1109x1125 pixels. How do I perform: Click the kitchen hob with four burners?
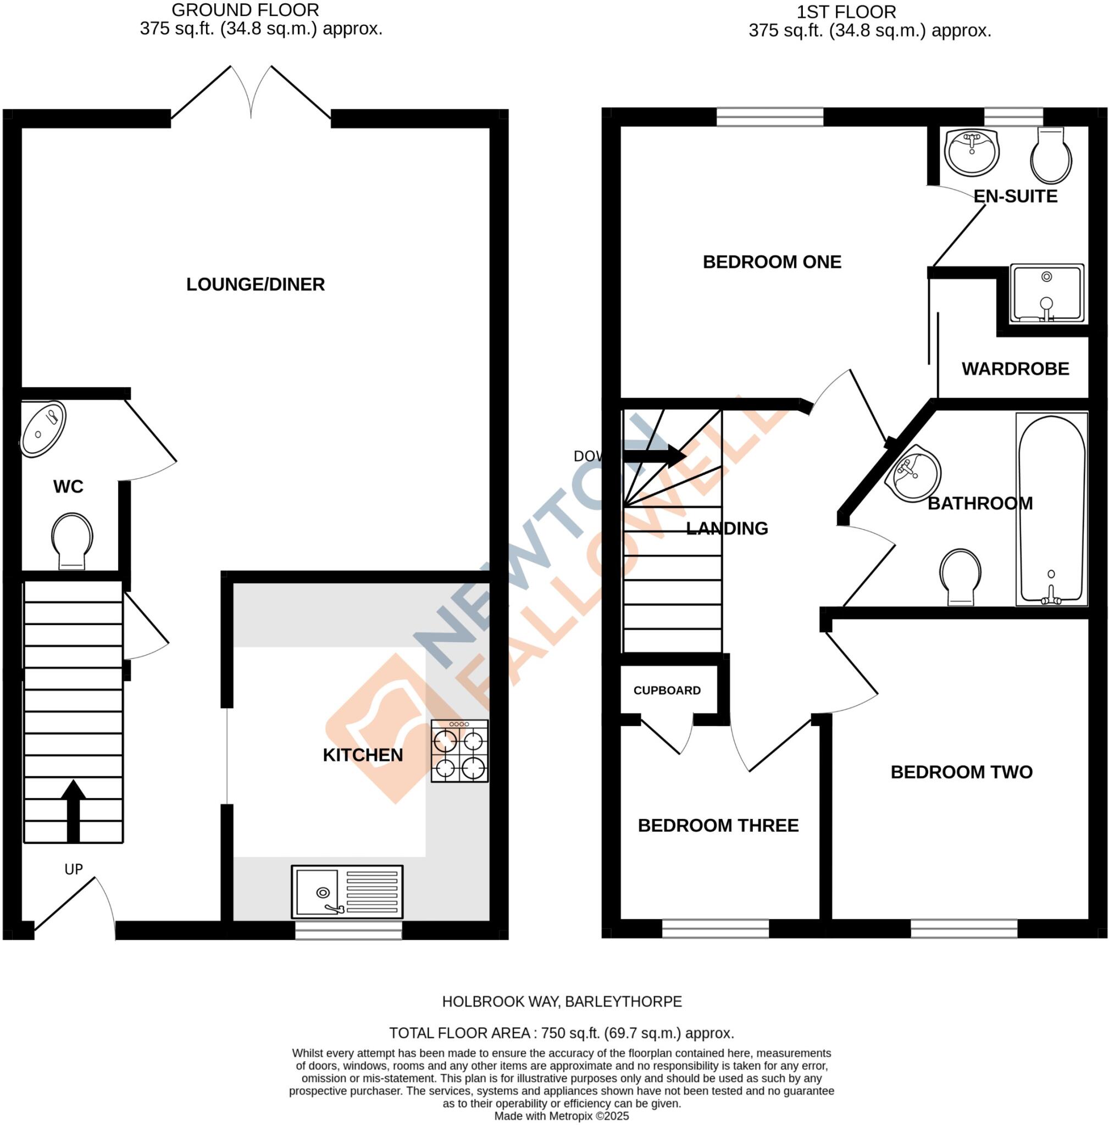459,751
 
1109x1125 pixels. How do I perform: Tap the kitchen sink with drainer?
347,891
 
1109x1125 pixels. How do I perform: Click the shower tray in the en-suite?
1047,293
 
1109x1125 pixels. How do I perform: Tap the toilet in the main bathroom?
960,576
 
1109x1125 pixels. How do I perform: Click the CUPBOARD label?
667,690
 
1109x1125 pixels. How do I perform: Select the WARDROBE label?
1015,369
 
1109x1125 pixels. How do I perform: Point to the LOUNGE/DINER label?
255,284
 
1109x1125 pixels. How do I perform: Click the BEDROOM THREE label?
718,825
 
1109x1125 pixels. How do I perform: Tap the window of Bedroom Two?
964,928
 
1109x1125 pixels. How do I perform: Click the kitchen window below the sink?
348,930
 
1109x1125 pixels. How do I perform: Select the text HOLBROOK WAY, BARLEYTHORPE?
562,1001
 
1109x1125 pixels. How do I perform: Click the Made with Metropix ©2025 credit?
562,1116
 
